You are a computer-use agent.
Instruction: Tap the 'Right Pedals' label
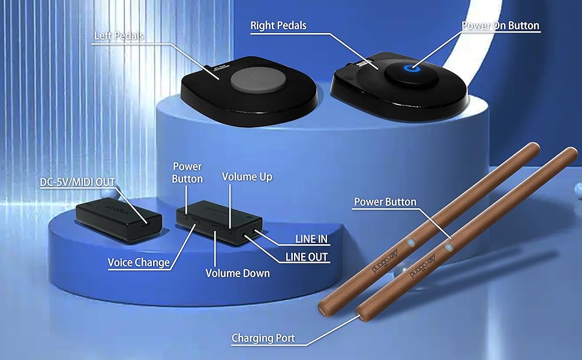pos(278,25)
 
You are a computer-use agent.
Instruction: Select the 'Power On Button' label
pos(500,26)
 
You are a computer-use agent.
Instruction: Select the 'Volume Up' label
pos(247,176)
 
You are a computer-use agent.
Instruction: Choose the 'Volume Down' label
pos(238,273)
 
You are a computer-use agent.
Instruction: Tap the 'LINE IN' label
pos(311,238)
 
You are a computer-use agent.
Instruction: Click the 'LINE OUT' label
pos(307,257)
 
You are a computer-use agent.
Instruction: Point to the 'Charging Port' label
pos(263,338)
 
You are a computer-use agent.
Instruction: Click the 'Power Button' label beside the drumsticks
pos(385,202)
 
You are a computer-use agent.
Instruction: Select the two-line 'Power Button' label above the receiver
pos(187,172)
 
